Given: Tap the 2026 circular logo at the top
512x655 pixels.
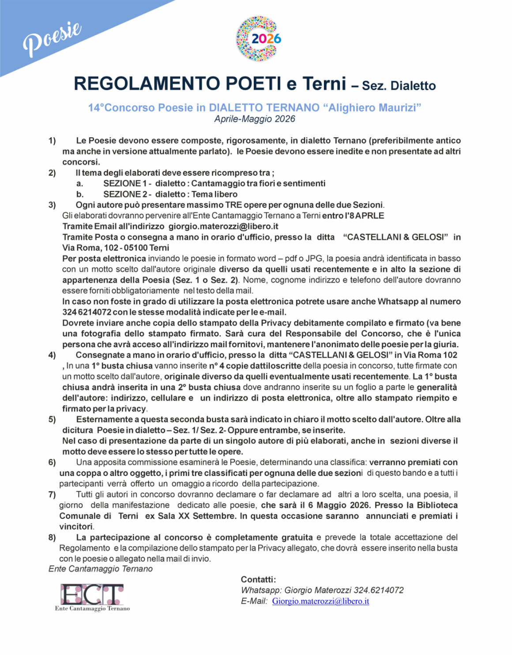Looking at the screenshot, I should (x=258, y=39).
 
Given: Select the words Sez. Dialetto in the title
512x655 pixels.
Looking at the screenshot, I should (x=399, y=86).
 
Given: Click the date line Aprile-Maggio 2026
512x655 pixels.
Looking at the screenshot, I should (x=255, y=119).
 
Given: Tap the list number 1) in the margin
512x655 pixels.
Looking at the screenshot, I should (x=52, y=141).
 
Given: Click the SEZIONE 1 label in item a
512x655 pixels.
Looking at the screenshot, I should (x=125, y=183).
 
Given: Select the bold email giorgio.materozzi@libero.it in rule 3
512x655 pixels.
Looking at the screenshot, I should (x=223, y=226).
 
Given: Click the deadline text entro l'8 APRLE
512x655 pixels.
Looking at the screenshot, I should (x=353, y=216).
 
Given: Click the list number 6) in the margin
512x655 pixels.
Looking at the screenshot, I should (x=52, y=462).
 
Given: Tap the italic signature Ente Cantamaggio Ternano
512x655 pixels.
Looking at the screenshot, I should (x=101, y=569).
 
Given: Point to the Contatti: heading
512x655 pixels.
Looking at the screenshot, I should (x=258, y=580).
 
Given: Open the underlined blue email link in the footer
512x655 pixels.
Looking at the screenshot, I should (x=320, y=601).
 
